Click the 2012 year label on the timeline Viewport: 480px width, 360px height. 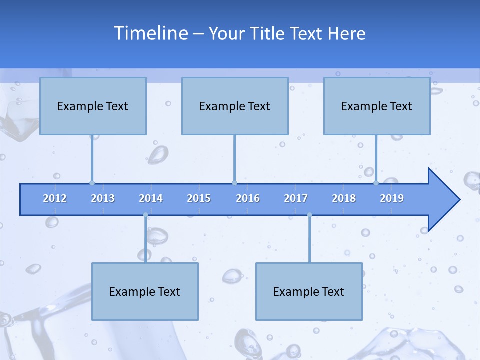[55, 198]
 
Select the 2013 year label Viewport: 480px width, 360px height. [103, 198]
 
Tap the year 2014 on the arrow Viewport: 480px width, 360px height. [151, 198]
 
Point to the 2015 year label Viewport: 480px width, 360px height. [199, 198]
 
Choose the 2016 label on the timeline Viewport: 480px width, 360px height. [248, 198]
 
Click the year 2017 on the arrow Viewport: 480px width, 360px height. [296, 198]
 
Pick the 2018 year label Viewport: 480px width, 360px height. [344, 198]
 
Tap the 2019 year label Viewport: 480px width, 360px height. [392, 198]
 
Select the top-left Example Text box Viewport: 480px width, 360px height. [93, 106]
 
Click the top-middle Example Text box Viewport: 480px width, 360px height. [235, 106]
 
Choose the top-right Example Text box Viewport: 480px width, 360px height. [377, 106]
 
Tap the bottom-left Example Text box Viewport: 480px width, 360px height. [145, 292]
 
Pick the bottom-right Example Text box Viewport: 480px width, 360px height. [309, 292]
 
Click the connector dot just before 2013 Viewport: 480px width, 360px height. [92, 183]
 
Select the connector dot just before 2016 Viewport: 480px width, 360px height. [234, 183]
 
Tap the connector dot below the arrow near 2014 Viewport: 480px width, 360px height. [145, 215]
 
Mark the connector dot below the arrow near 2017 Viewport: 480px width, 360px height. [309, 215]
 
